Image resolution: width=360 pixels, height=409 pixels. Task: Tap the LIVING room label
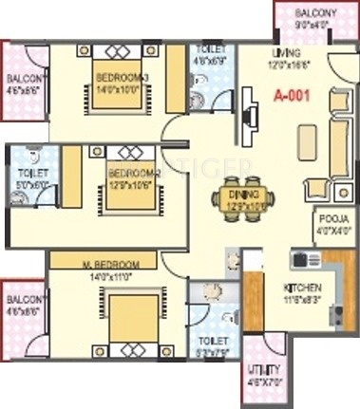click(284, 53)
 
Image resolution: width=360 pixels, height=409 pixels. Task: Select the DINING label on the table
click(244, 192)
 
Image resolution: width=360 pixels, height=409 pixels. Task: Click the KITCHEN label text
click(302, 287)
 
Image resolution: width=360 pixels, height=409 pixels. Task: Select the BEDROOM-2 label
click(130, 174)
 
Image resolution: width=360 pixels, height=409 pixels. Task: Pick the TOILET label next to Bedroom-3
click(211, 48)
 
